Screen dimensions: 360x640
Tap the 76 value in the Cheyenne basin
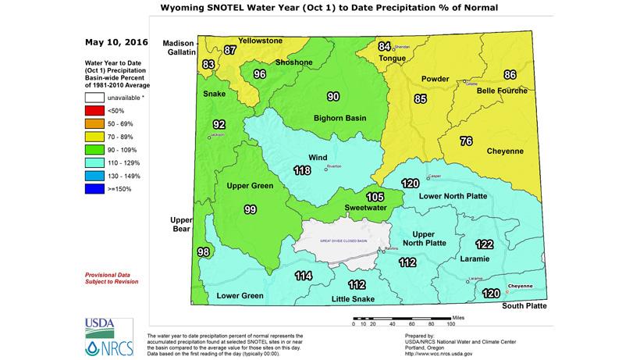[x=466, y=141]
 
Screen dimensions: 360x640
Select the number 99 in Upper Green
[x=250, y=209]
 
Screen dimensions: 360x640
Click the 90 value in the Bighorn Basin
[x=332, y=97]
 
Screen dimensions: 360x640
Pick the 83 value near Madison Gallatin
[x=208, y=64]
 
